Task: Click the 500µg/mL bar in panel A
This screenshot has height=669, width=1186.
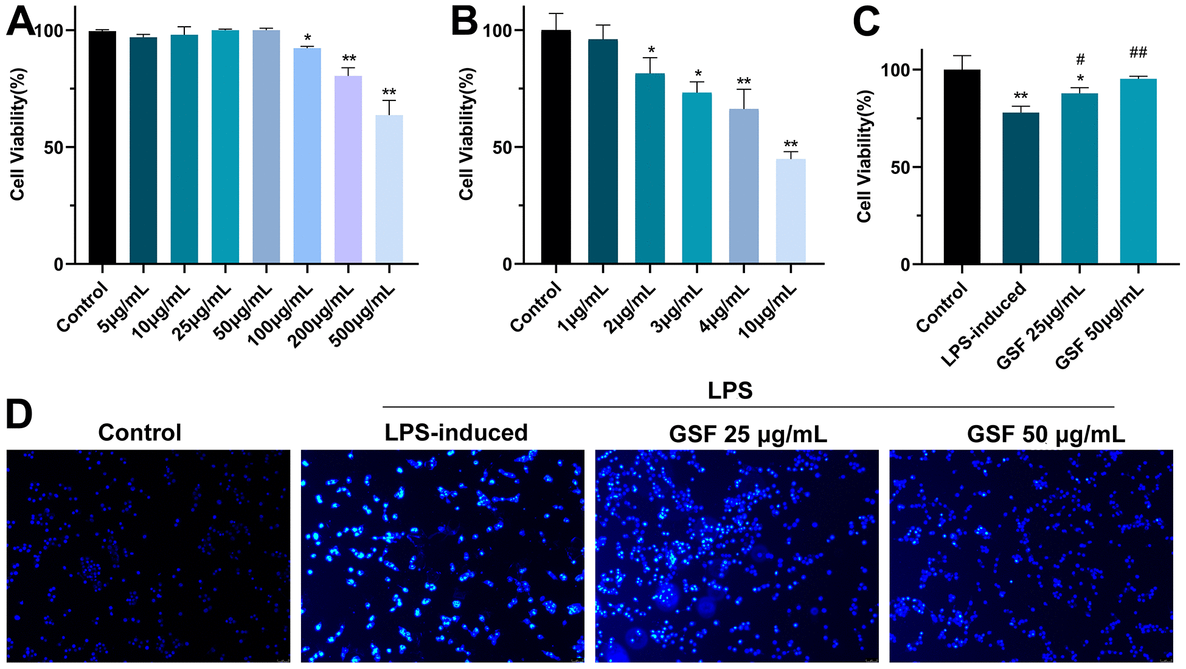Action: (x=389, y=189)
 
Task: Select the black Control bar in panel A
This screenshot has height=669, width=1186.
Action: (x=102, y=146)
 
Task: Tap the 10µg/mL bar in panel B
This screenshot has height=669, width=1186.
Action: (x=791, y=210)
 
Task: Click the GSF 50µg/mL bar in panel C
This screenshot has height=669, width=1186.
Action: (x=1138, y=171)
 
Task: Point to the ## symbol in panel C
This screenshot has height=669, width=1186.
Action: (x=1138, y=53)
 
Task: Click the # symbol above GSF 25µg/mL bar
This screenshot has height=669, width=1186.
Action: (x=1080, y=60)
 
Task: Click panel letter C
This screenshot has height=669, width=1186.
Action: (x=866, y=23)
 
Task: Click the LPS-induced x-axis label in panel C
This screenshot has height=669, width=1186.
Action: (x=983, y=325)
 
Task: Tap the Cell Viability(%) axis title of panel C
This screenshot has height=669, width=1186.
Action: (x=864, y=156)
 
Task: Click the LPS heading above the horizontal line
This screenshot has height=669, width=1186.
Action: (x=730, y=390)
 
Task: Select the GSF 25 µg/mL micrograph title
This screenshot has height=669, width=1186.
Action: (x=747, y=434)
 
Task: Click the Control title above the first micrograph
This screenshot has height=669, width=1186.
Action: (x=140, y=433)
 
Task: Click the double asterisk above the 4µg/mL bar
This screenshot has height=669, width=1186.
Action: (x=743, y=81)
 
